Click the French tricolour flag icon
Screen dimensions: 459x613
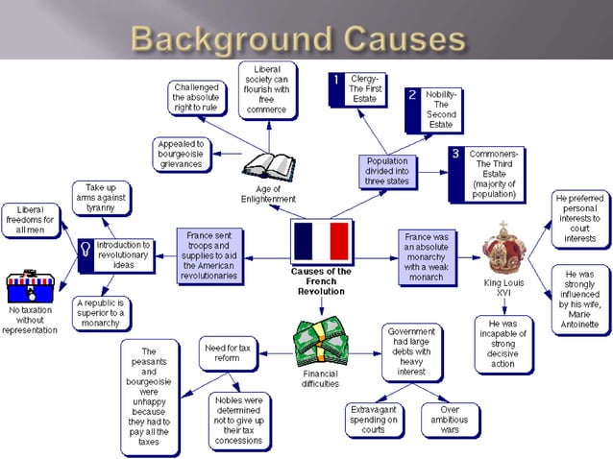[322, 242]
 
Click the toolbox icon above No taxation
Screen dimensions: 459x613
[30, 287]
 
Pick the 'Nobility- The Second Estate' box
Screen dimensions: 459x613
[433, 109]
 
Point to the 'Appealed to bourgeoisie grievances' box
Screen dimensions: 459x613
[182, 154]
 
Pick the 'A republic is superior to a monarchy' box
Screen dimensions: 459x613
[101, 313]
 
